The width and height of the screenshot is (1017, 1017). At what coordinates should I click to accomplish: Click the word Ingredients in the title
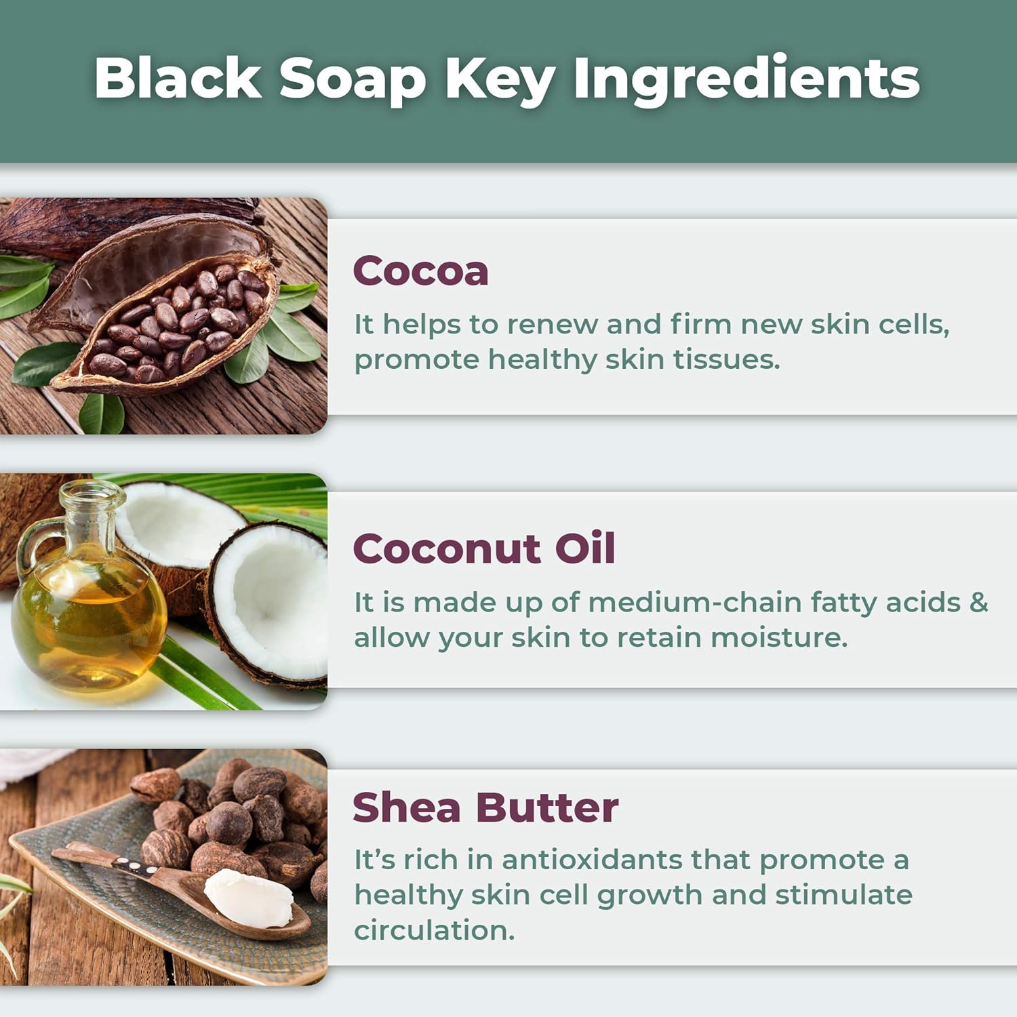coord(746,79)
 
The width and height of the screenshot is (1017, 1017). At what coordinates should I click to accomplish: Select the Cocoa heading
coord(420,271)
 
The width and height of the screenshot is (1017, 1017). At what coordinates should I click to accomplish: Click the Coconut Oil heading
coord(484,549)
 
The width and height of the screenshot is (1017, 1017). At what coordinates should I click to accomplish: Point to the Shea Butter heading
coord(485,807)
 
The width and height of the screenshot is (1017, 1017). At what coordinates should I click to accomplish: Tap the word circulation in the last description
coord(434,930)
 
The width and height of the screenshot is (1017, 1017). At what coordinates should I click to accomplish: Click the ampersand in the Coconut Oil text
coord(978,602)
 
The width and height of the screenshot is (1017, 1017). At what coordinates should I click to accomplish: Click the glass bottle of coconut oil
coord(88,610)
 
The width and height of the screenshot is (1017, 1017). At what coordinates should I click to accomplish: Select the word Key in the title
coord(500,79)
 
